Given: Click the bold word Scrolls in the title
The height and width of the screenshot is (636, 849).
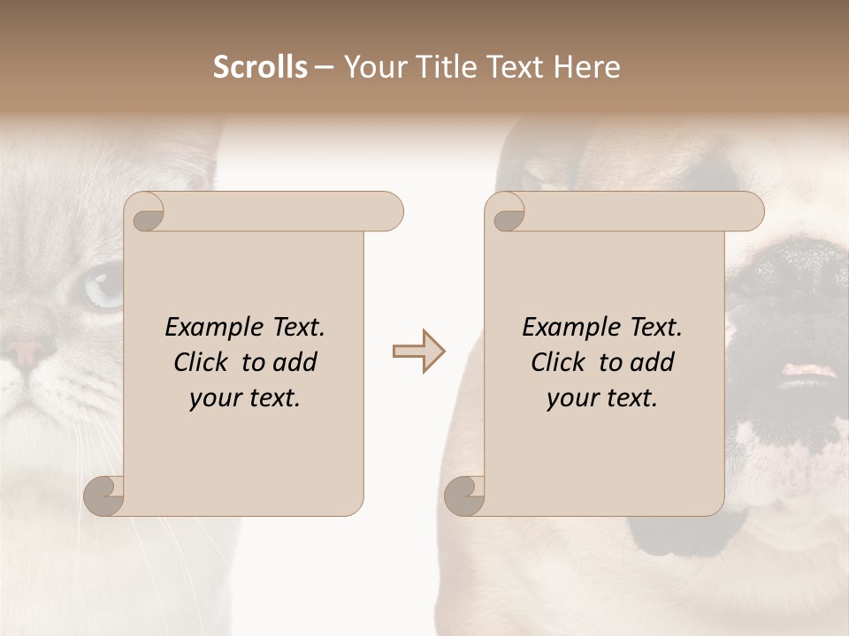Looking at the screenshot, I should click(260, 66).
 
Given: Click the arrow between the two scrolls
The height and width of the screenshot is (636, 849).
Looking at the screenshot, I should click(419, 352).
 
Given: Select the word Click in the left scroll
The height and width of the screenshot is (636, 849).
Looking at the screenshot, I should click(202, 362).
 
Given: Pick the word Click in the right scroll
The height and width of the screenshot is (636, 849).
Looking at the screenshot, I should click(559, 362).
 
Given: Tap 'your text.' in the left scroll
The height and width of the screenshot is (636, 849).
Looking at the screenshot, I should click(245, 397).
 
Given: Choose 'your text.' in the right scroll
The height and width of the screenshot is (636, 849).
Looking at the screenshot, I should click(602, 397).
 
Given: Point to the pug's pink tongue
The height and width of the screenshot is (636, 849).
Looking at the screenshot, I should click(807, 369).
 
